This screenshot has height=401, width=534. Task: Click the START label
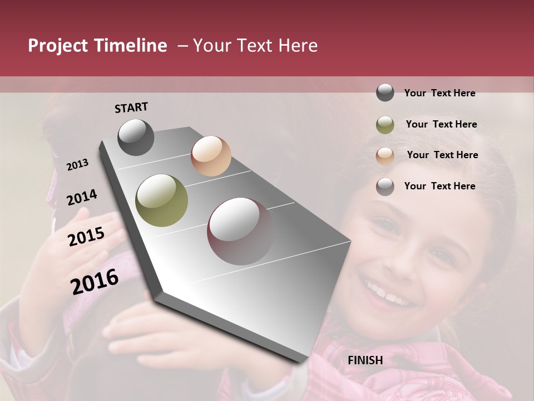pyautogui.click(x=131, y=107)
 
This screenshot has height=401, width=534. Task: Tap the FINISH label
pyautogui.click(x=365, y=360)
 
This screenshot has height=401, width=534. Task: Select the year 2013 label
pyautogui.click(x=77, y=165)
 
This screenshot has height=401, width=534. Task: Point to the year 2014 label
pyautogui.click(x=82, y=198)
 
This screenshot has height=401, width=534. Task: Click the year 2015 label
pyautogui.click(x=86, y=237)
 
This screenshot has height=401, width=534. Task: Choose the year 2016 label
pyautogui.click(x=95, y=281)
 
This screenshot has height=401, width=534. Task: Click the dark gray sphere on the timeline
pyautogui.click(x=136, y=137)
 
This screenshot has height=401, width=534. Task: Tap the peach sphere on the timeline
pyautogui.click(x=211, y=156)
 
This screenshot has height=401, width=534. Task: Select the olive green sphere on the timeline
pyautogui.click(x=161, y=200)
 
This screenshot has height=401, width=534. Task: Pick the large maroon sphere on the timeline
pyautogui.click(x=240, y=231)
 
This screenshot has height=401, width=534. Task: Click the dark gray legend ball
pyautogui.click(x=385, y=93)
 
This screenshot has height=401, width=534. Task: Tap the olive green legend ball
pyautogui.click(x=385, y=125)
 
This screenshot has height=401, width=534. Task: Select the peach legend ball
pyautogui.click(x=385, y=155)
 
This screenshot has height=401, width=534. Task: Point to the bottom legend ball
pyautogui.click(x=385, y=187)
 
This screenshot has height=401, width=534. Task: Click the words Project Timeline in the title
pyautogui.click(x=97, y=46)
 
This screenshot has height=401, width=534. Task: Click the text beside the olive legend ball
pyautogui.click(x=441, y=124)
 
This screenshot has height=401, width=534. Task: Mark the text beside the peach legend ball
pyautogui.click(x=442, y=155)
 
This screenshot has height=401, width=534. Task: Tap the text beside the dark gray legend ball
pyautogui.click(x=439, y=93)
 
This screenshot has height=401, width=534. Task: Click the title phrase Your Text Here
pyautogui.click(x=255, y=46)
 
